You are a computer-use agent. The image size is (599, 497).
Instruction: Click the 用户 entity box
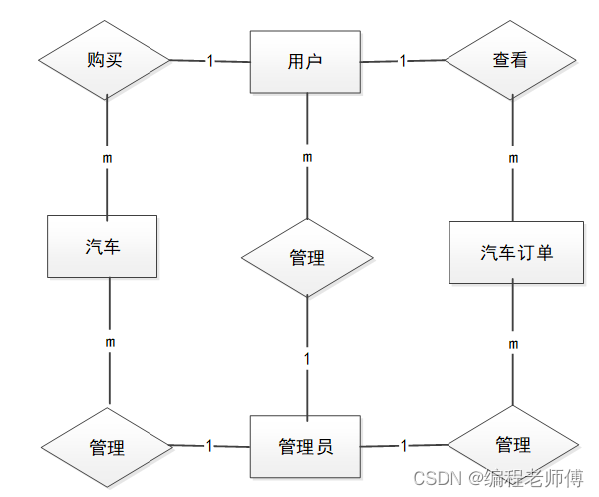coord(304,61)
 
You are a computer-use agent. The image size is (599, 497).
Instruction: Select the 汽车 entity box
coord(103,246)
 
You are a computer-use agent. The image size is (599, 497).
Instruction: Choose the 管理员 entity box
coord(306,446)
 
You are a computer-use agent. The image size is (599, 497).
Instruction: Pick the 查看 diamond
coord(510,60)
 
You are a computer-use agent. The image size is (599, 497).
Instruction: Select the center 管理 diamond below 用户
coord(307,258)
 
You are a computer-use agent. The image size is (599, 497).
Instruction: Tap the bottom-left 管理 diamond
coord(106,447)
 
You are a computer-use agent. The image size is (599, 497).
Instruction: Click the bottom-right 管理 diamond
coord(512,444)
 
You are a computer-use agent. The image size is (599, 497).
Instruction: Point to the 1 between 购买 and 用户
coord(210,61)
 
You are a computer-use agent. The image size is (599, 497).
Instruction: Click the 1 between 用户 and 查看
coord(403,61)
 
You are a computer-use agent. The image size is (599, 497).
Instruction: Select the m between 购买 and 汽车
coord(107,157)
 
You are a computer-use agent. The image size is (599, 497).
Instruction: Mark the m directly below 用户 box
coord(307,157)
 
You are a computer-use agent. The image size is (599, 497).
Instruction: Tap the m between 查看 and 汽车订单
coord(513,158)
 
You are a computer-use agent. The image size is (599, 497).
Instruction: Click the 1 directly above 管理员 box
coord(307,358)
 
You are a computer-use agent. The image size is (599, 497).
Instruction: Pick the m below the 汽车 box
coord(110,342)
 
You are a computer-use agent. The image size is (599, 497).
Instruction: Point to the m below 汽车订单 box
coord(513,344)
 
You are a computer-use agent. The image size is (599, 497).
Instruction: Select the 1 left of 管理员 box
coord(209,446)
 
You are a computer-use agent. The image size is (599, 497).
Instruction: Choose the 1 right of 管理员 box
coord(403,445)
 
